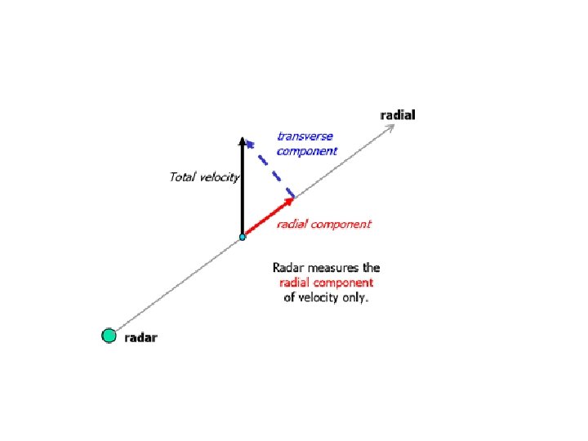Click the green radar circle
pos(109,335)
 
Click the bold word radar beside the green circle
pos(140,337)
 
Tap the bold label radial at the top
pos(398,115)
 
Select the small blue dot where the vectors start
pos(242,237)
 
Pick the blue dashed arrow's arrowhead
pos(252,144)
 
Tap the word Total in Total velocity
pos(183,176)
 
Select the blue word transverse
pos(305,136)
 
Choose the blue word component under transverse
pos(306,151)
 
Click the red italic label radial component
pos(323,224)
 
